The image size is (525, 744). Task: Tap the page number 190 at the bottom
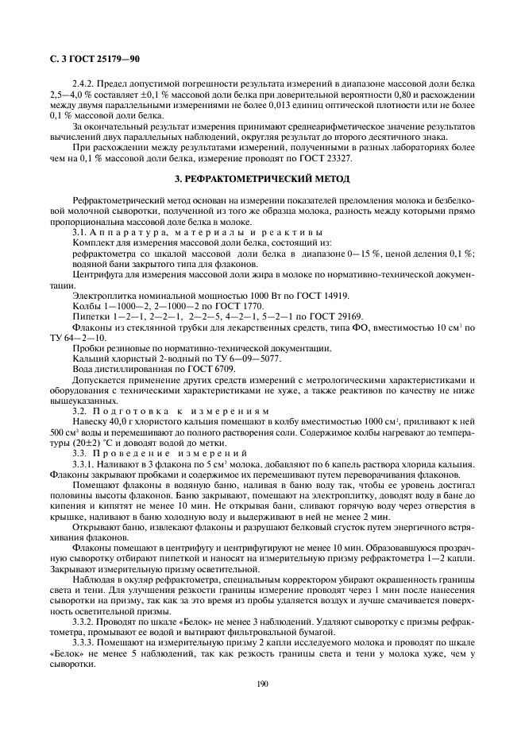click(x=261, y=682)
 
